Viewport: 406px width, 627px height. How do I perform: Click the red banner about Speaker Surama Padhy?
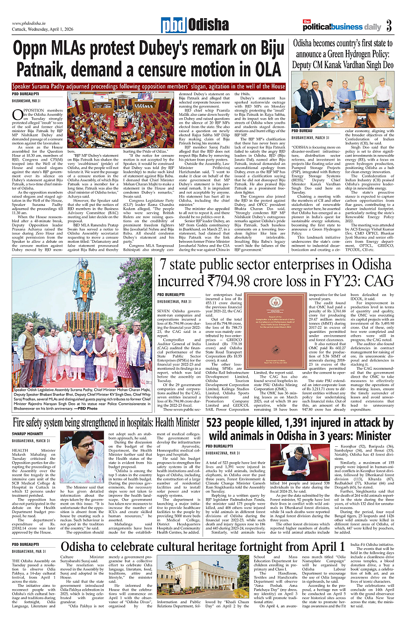(x=148, y=86)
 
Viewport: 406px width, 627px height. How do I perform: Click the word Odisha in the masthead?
(x=209, y=25)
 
